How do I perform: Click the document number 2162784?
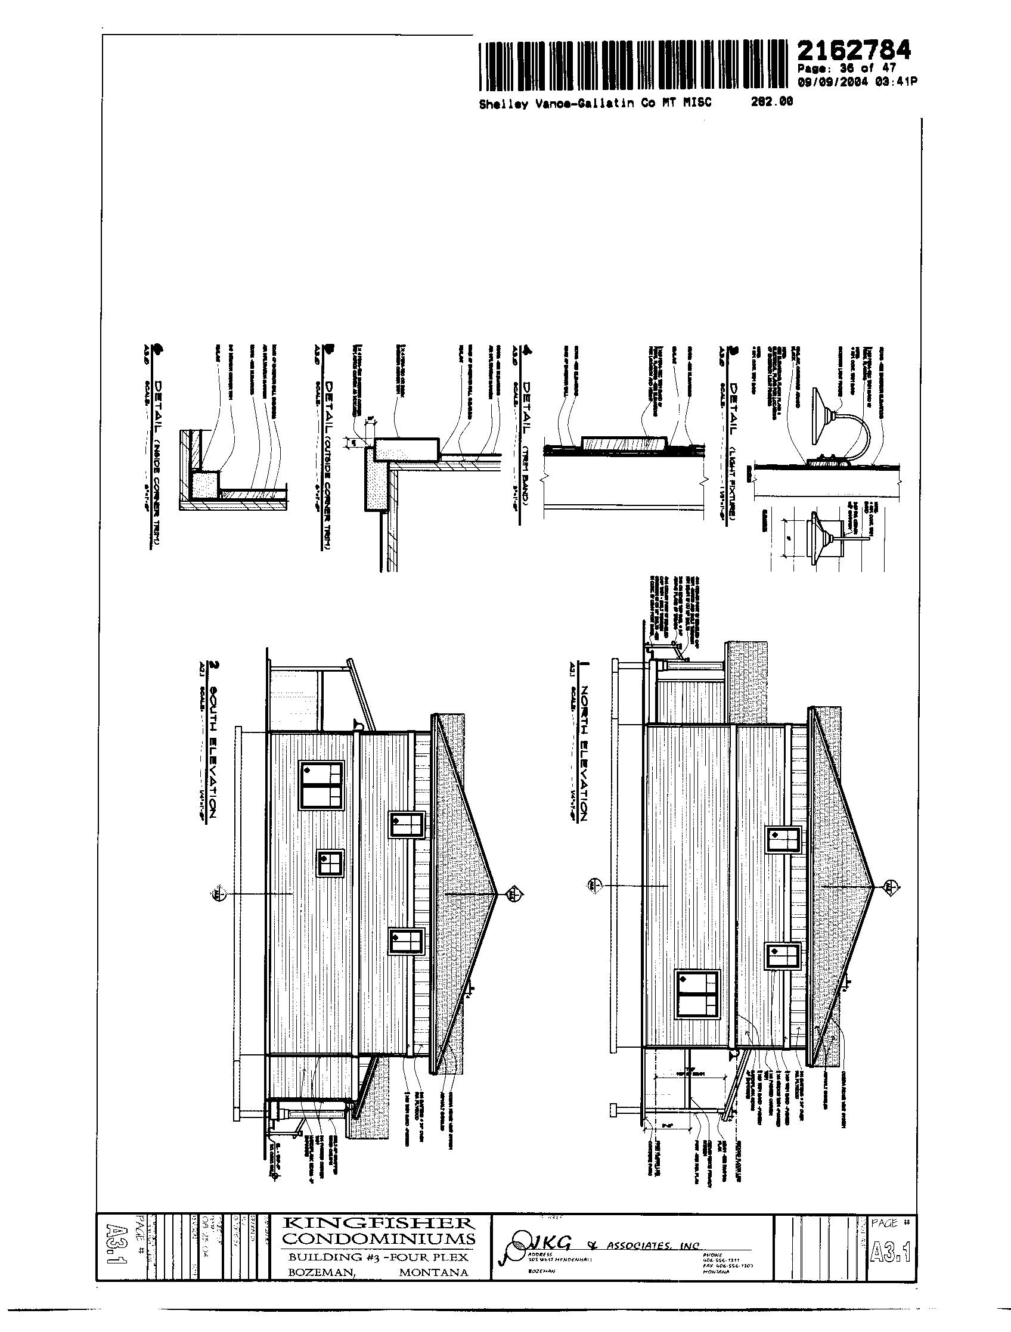[854, 50]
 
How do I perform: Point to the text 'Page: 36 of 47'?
[846, 69]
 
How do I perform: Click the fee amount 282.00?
[771, 102]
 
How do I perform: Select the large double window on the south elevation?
[320, 787]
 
